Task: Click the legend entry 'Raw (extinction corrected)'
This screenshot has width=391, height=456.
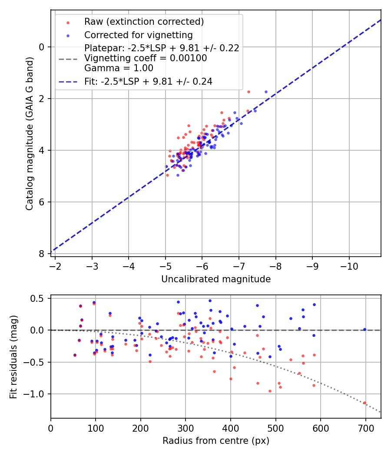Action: click(x=144, y=22)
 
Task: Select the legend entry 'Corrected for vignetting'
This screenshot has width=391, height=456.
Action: click(x=139, y=35)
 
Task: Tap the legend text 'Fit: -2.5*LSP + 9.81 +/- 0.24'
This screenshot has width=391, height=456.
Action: click(x=148, y=81)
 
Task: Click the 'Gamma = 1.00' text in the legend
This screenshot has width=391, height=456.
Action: click(x=119, y=68)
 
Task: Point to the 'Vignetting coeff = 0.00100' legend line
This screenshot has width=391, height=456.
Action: click(x=146, y=58)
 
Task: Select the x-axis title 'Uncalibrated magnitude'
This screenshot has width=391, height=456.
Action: click(x=216, y=279)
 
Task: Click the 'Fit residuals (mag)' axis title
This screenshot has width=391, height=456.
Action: click(x=13, y=357)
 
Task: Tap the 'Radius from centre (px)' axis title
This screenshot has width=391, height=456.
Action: click(x=216, y=441)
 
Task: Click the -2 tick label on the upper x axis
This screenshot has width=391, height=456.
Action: click(x=55, y=266)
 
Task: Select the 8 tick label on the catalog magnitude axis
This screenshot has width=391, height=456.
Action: click(x=42, y=254)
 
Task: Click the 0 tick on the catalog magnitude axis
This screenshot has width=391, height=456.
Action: click(x=42, y=47)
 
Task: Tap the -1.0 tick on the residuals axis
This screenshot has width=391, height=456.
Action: click(x=38, y=394)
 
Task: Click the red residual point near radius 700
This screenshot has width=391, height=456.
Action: click(x=364, y=403)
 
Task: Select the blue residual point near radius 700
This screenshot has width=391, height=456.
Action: click(x=364, y=330)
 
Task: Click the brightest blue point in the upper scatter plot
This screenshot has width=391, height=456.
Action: click(x=266, y=92)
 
